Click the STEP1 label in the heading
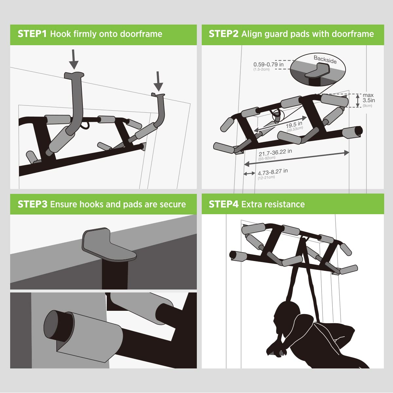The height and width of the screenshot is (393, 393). point(32,34)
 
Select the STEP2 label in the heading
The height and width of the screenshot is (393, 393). point(224,34)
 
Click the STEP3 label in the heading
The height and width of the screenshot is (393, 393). point(32,204)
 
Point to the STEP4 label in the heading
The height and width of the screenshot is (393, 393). point(224,204)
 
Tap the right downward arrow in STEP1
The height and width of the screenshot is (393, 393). point(159,81)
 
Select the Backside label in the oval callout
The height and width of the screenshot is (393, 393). point(325,60)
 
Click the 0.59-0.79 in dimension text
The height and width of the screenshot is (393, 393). point(269,65)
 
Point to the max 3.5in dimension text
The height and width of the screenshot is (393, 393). point(368,98)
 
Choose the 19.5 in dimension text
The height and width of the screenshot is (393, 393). point(294,125)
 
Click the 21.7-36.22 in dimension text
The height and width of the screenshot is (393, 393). point(275,153)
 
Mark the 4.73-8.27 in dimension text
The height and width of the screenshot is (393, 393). point(272,172)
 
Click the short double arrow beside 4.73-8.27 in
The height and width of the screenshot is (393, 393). point(249,173)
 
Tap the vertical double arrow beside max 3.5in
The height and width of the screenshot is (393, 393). point(358,101)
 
